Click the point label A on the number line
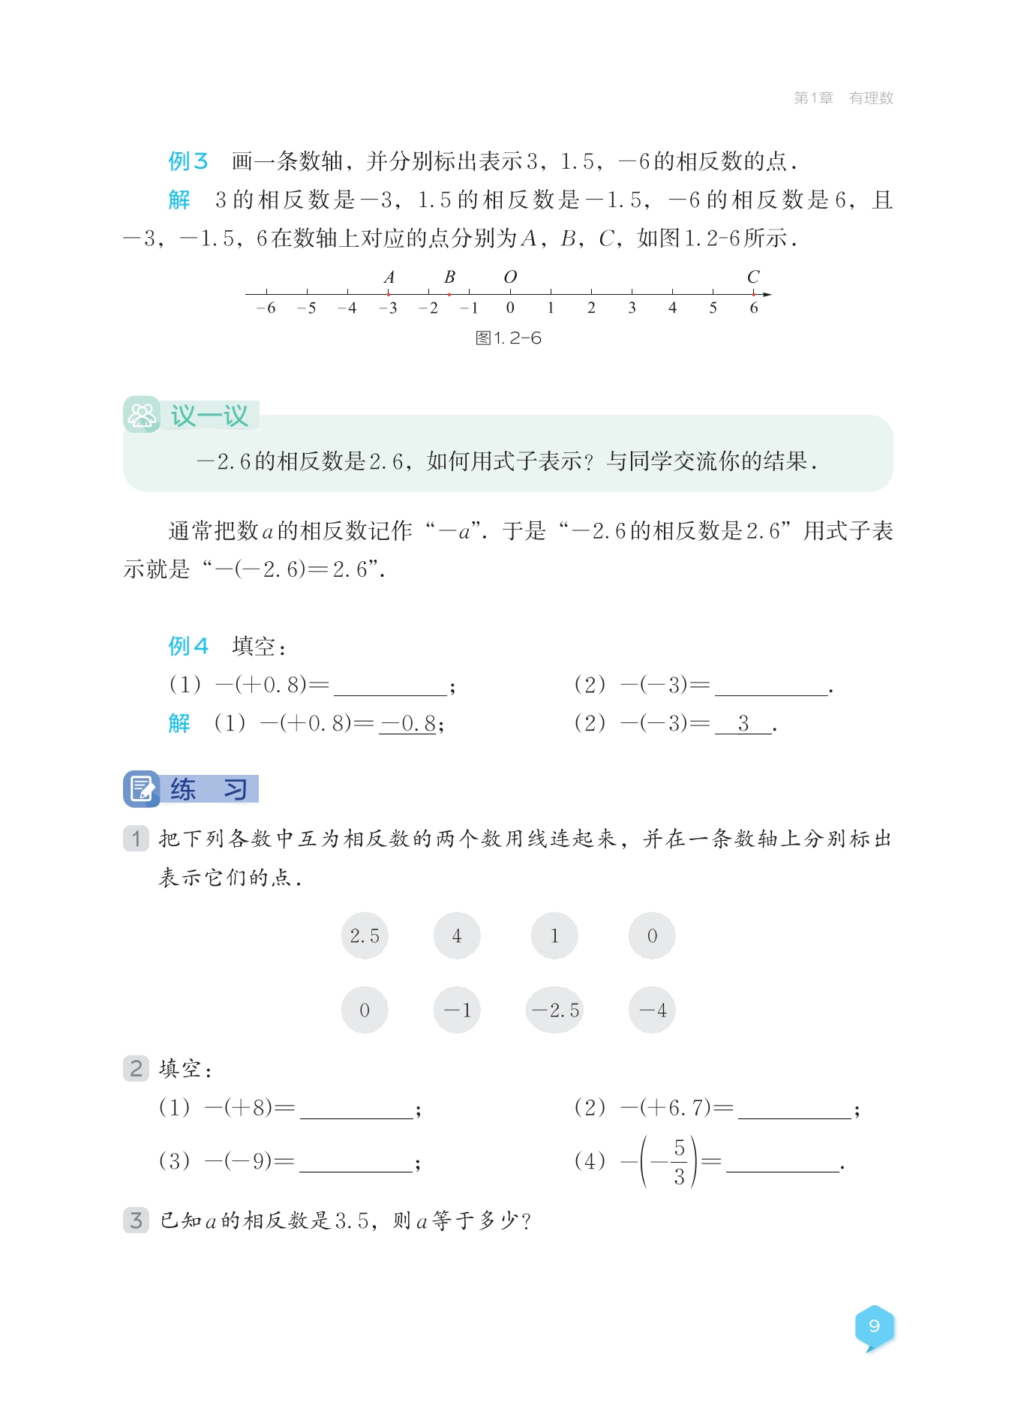pos(389,277)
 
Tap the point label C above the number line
pos(753,277)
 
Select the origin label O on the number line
pos(510,277)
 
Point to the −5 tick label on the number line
pos(306,308)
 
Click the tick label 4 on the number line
pos(672,308)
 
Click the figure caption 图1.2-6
pos(508,338)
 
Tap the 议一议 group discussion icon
pos(142,414)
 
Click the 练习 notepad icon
pos(142,788)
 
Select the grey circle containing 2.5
pos(365,935)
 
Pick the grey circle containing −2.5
pos(555,1010)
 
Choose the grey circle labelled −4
pos(652,1010)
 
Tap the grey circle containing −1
pos(457,1010)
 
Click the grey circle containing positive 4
pos(457,935)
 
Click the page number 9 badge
pos(874,1326)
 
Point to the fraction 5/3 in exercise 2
pos(679,1161)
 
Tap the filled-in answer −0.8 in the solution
pos(408,723)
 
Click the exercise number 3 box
pos(136,1220)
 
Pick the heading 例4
pos(188,646)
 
